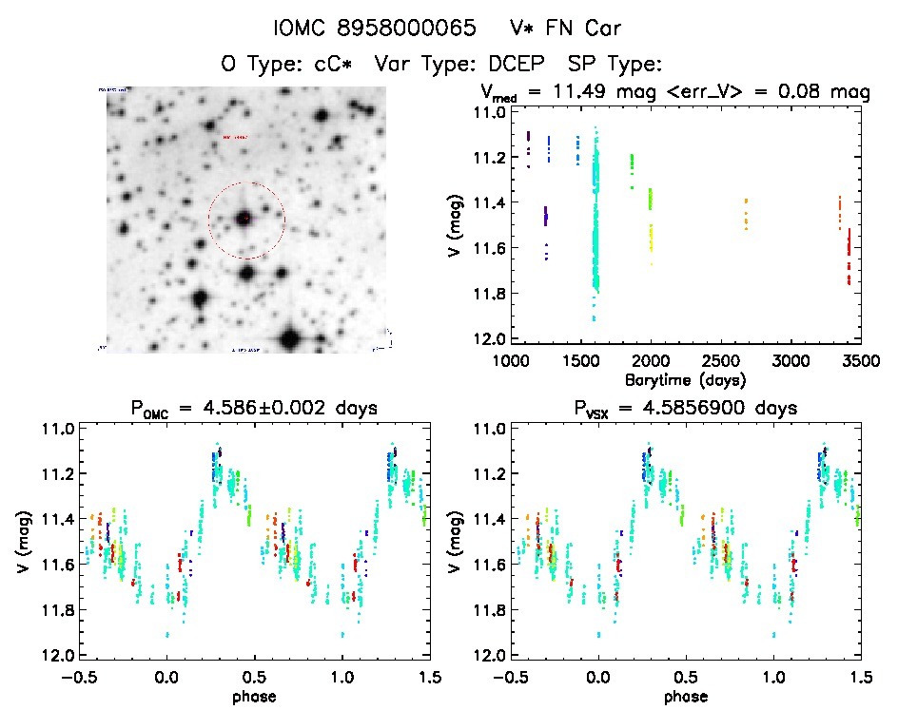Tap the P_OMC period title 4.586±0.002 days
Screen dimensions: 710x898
pos(254,409)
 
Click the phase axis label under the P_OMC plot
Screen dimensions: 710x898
pos(255,696)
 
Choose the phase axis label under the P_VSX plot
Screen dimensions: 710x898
pos(683,696)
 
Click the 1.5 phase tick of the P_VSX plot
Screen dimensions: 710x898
pos(859,678)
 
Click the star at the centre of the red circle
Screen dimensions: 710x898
pos(245,219)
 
